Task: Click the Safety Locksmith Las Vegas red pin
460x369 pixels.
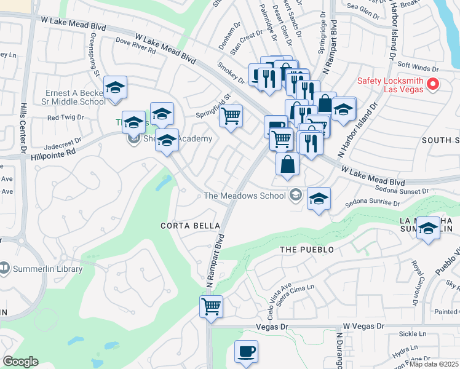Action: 432,84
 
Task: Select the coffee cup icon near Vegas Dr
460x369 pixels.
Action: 246,351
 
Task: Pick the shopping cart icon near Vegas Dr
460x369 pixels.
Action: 211,306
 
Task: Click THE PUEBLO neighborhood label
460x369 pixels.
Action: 307,250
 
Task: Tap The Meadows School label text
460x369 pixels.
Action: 245,196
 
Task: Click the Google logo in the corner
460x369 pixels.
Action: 21,362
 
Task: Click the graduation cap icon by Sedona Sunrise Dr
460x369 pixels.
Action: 319,199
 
